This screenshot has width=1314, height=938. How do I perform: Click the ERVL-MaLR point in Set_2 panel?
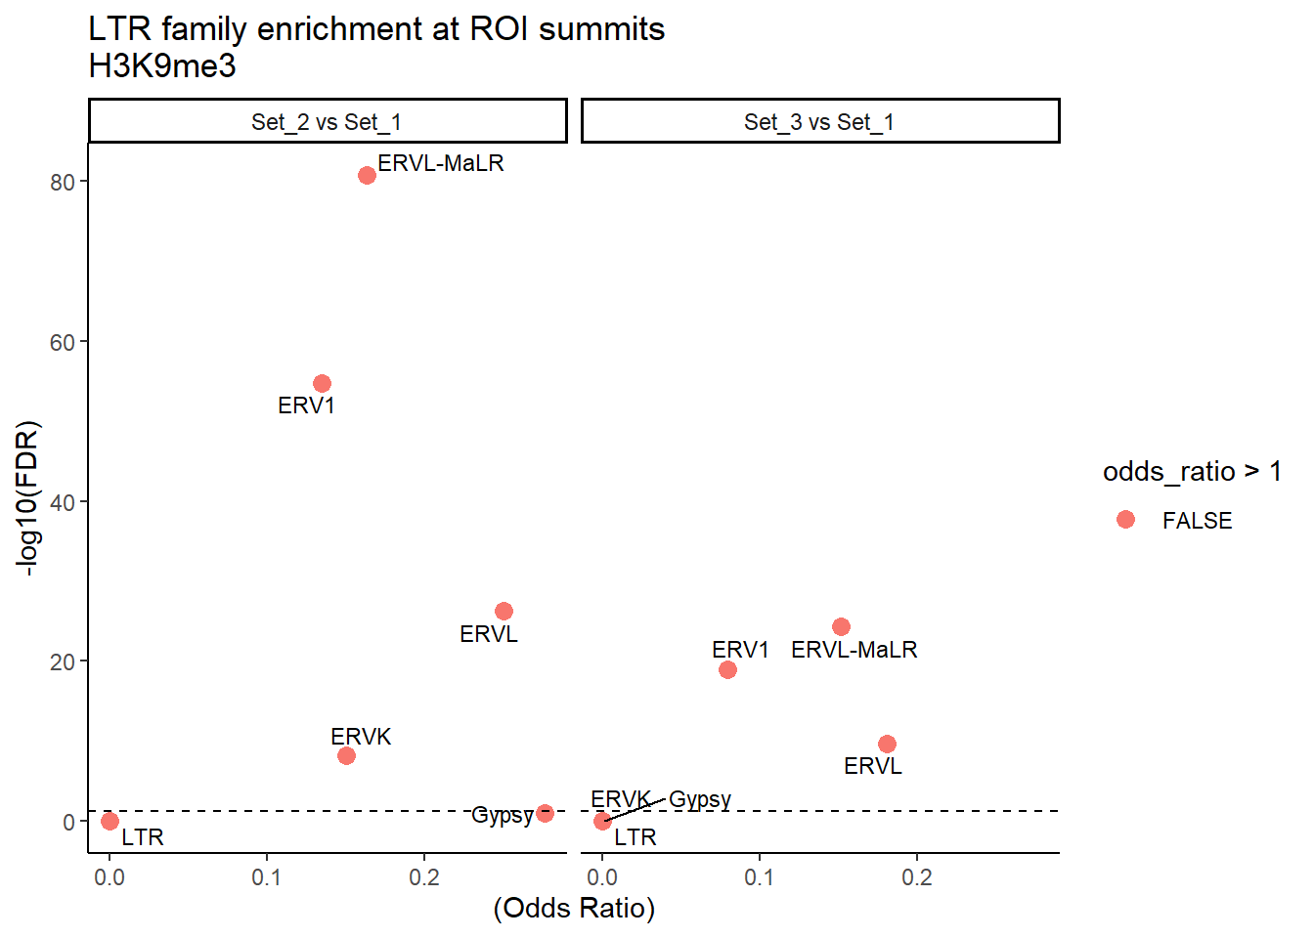[367, 176]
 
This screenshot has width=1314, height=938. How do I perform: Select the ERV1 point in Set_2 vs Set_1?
[322, 384]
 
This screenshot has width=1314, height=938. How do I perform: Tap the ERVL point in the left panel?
[504, 612]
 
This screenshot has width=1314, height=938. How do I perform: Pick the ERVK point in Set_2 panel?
[346, 755]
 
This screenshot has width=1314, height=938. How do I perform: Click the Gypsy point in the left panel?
[545, 813]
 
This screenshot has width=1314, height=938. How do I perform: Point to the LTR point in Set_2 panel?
[109, 821]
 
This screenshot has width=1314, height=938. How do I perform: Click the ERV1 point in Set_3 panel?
[727, 669]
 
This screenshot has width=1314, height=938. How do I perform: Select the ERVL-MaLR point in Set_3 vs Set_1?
[841, 626]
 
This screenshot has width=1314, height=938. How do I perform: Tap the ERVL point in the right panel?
[887, 745]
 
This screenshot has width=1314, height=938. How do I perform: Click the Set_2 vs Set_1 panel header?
[327, 122]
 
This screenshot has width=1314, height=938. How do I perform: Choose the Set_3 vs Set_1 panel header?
[819, 122]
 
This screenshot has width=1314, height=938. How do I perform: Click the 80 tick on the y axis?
[63, 183]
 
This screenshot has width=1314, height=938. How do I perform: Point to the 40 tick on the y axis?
[63, 502]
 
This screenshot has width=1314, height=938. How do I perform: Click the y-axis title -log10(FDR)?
[29, 498]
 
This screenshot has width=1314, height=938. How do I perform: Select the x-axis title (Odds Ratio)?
[574, 909]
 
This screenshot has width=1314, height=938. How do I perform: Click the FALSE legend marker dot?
[1125, 520]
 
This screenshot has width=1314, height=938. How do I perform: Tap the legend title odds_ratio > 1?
[1192, 472]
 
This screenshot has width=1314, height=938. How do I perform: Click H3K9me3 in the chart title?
[162, 66]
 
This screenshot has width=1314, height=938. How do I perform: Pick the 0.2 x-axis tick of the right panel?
[917, 877]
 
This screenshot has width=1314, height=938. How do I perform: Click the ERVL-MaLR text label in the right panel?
[854, 650]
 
